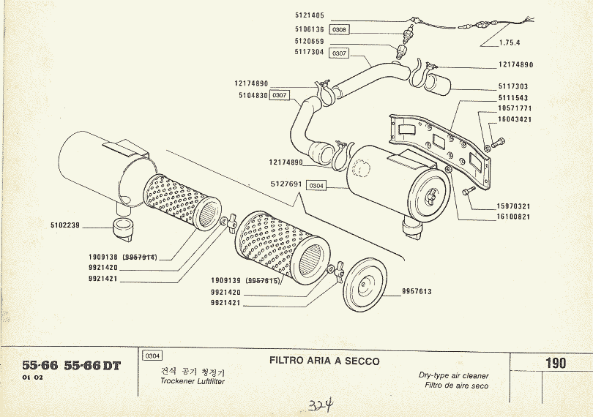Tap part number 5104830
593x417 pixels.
tap(252, 95)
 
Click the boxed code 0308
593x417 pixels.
tap(339, 30)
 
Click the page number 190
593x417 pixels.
tap(555, 364)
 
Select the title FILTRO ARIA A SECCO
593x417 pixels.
tap(324, 361)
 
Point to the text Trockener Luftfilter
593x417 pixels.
tap(193, 383)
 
